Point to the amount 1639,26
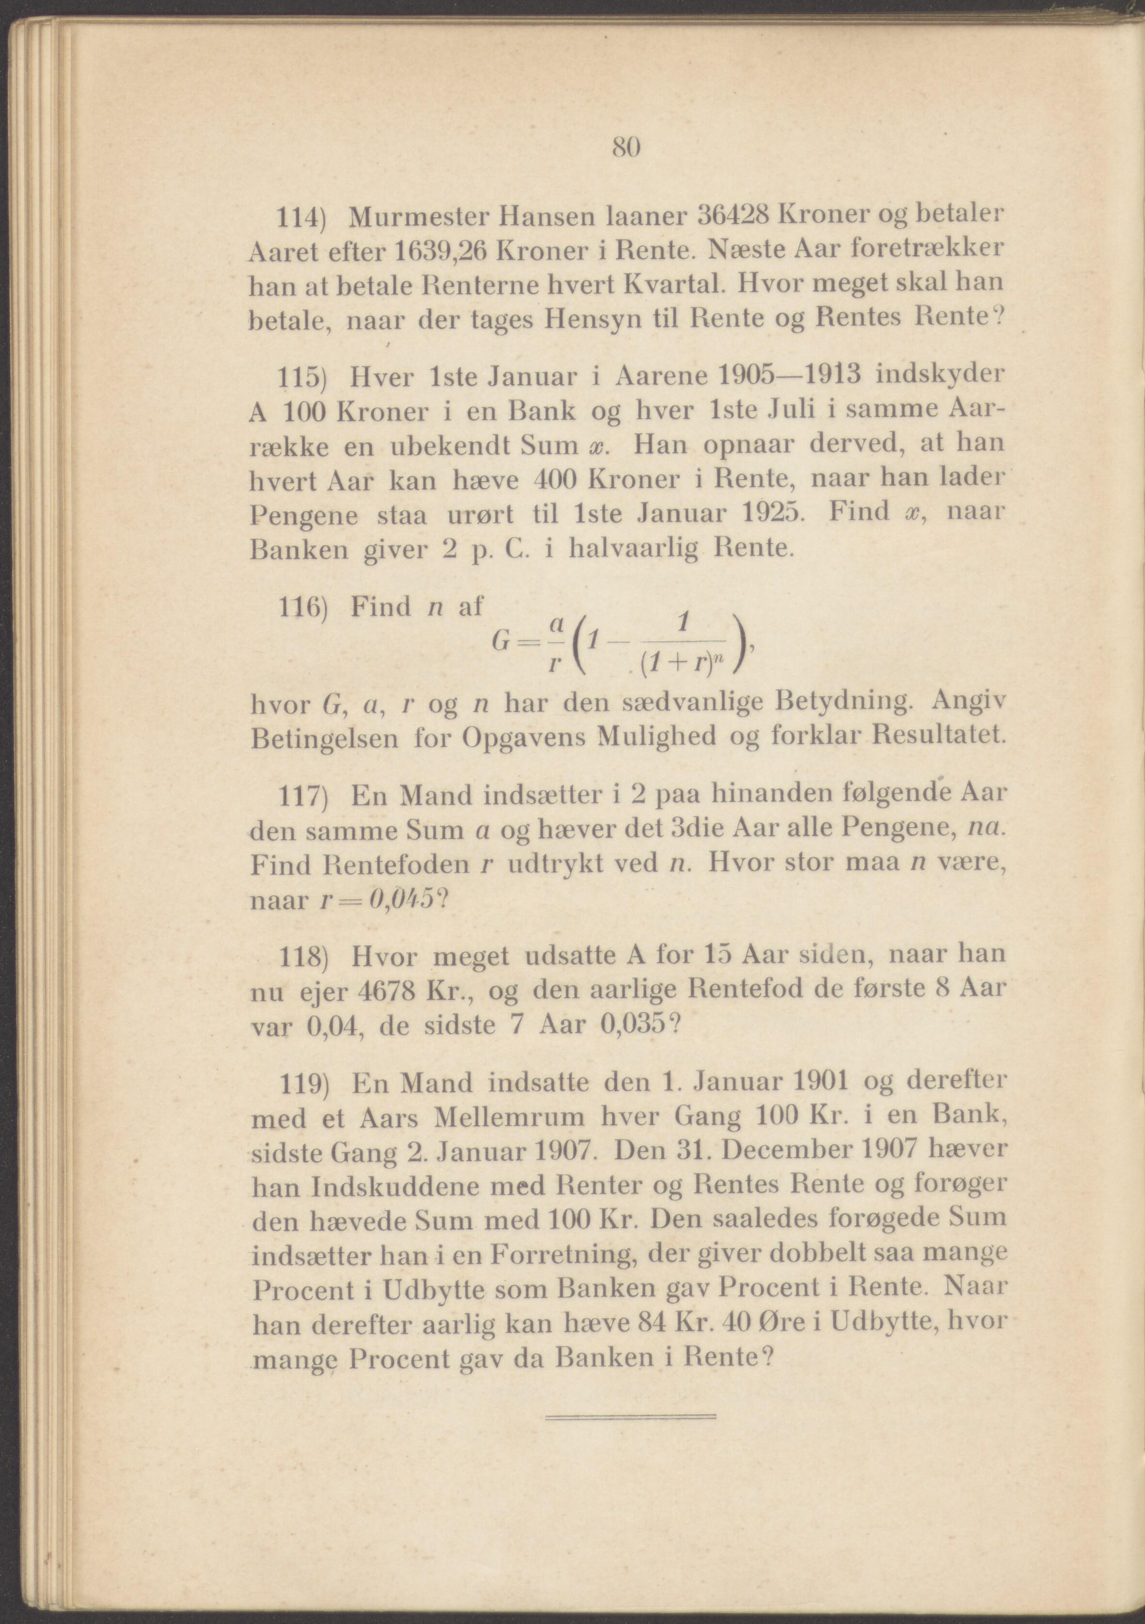tap(439, 251)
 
